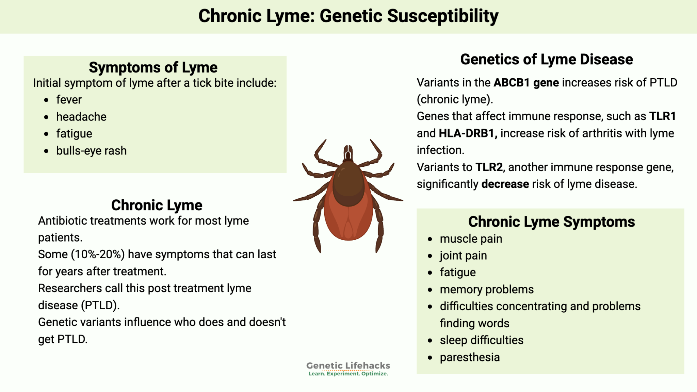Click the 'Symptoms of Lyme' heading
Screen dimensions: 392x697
(x=153, y=67)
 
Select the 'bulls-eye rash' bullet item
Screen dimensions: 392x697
(x=91, y=150)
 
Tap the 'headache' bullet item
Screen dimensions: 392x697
(x=81, y=117)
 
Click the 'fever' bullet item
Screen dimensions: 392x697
(x=69, y=100)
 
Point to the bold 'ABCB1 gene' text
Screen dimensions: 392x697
(x=526, y=83)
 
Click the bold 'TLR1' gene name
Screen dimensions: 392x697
(x=662, y=116)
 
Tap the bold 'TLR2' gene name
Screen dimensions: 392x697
(x=489, y=167)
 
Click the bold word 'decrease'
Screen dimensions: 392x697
(x=505, y=184)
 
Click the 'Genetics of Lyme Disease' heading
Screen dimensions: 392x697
(x=546, y=60)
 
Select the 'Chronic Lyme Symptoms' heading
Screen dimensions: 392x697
(x=551, y=222)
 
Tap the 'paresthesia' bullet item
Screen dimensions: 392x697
(x=470, y=357)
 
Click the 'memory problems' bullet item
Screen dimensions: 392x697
(x=487, y=290)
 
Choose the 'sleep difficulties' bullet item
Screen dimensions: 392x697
(x=482, y=340)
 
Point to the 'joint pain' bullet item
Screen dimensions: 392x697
(x=463, y=256)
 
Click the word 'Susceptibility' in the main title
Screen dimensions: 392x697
(x=442, y=16)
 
